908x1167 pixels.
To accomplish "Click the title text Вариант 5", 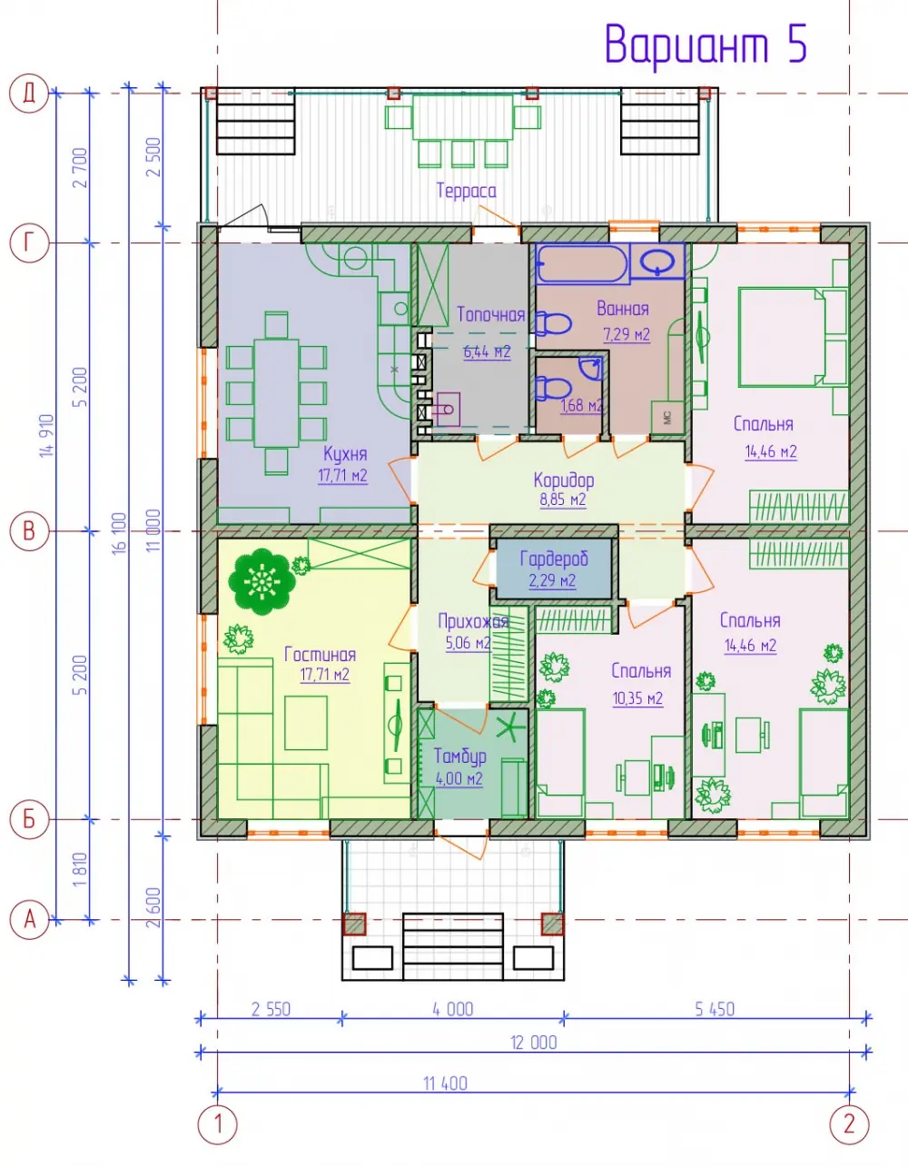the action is point(706,45).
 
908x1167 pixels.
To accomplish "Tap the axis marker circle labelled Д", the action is point(29,94).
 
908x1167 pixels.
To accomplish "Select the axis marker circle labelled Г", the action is point(29,242).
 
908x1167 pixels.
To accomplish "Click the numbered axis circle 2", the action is point(850,1124).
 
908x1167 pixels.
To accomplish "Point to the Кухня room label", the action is point(345,454).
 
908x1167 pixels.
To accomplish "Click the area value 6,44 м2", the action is point(487,351).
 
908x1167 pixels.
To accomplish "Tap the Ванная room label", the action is point(623,309).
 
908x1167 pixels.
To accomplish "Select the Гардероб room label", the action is point(554,559).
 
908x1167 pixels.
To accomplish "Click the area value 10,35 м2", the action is point(638,698).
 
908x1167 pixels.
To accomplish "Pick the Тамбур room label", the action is point(460,757).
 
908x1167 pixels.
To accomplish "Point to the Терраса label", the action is point(466,191).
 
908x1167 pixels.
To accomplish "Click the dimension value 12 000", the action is point(534,1043).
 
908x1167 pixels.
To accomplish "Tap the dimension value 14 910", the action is point(47,436).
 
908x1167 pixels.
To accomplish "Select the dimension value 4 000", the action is point(453,1010).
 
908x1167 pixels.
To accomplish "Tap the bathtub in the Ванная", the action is point(583,262).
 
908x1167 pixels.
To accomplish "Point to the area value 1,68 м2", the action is point(582,405).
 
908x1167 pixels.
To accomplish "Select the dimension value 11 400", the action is point(445,1083).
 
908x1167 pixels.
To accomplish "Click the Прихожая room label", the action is point(473,622).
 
